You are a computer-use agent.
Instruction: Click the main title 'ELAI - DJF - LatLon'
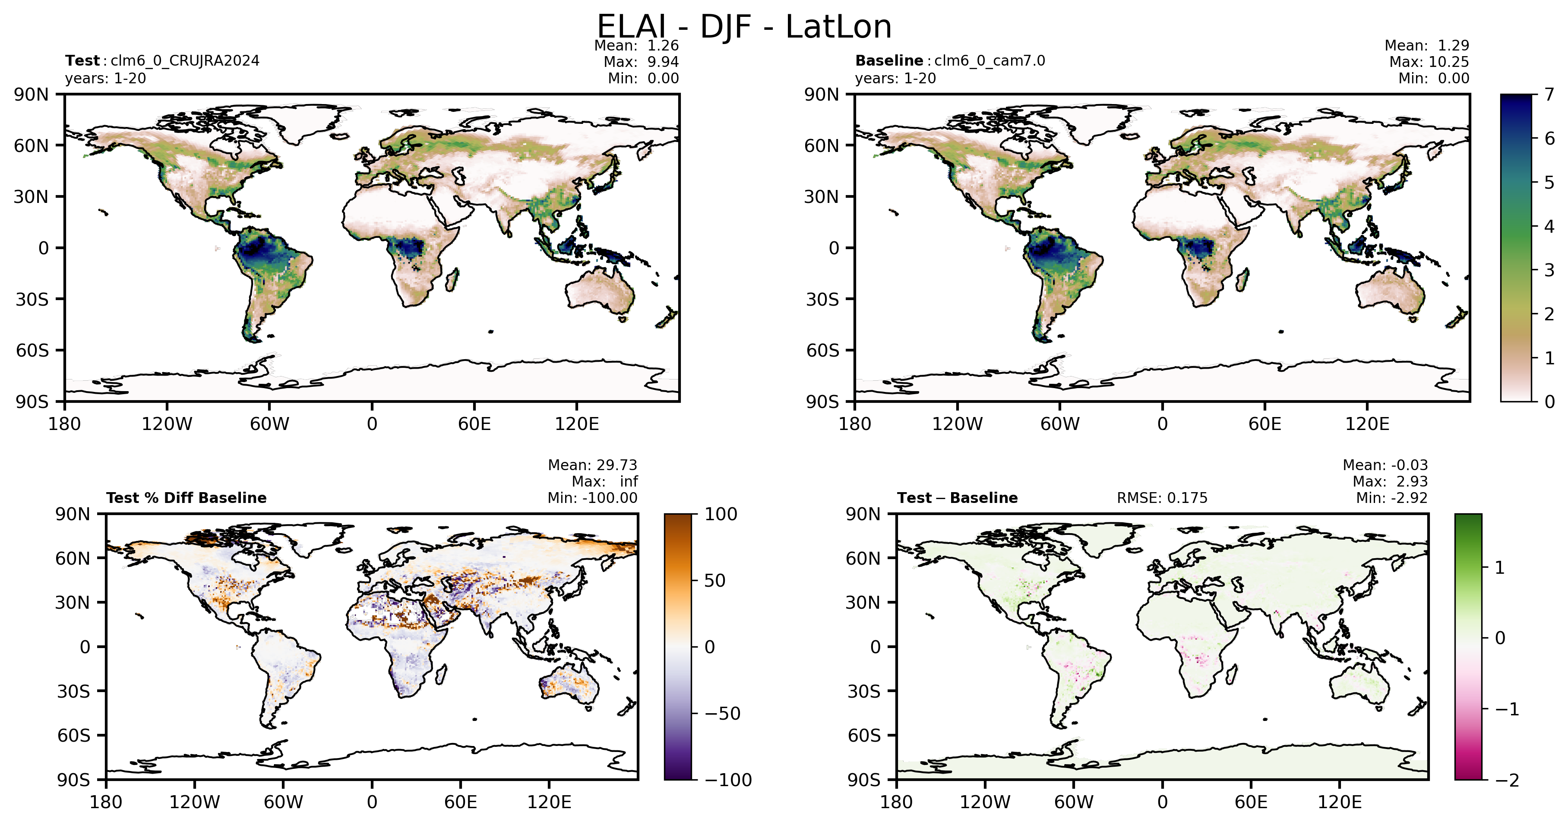pos(744,27)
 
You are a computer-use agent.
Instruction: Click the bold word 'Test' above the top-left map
pos(82,61)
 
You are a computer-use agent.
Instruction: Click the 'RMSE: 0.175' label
pos(1162,498)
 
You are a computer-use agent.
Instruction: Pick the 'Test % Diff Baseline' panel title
pos(186,498)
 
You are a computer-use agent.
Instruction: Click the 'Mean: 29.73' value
pos(592,465)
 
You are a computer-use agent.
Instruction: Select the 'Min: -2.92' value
pos(1391,498)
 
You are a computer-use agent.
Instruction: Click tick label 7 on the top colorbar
pos(1549,95)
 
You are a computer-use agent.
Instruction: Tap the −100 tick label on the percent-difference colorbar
pos(728,780)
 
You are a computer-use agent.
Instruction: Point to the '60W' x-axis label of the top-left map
pos(270,424)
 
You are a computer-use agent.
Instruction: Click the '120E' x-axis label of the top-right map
pos(1367,424)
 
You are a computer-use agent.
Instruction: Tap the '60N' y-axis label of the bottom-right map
pos(863,558)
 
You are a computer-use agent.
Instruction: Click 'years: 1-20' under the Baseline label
pos(895,79)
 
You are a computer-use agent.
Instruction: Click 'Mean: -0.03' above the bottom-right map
pos(1385,465)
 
